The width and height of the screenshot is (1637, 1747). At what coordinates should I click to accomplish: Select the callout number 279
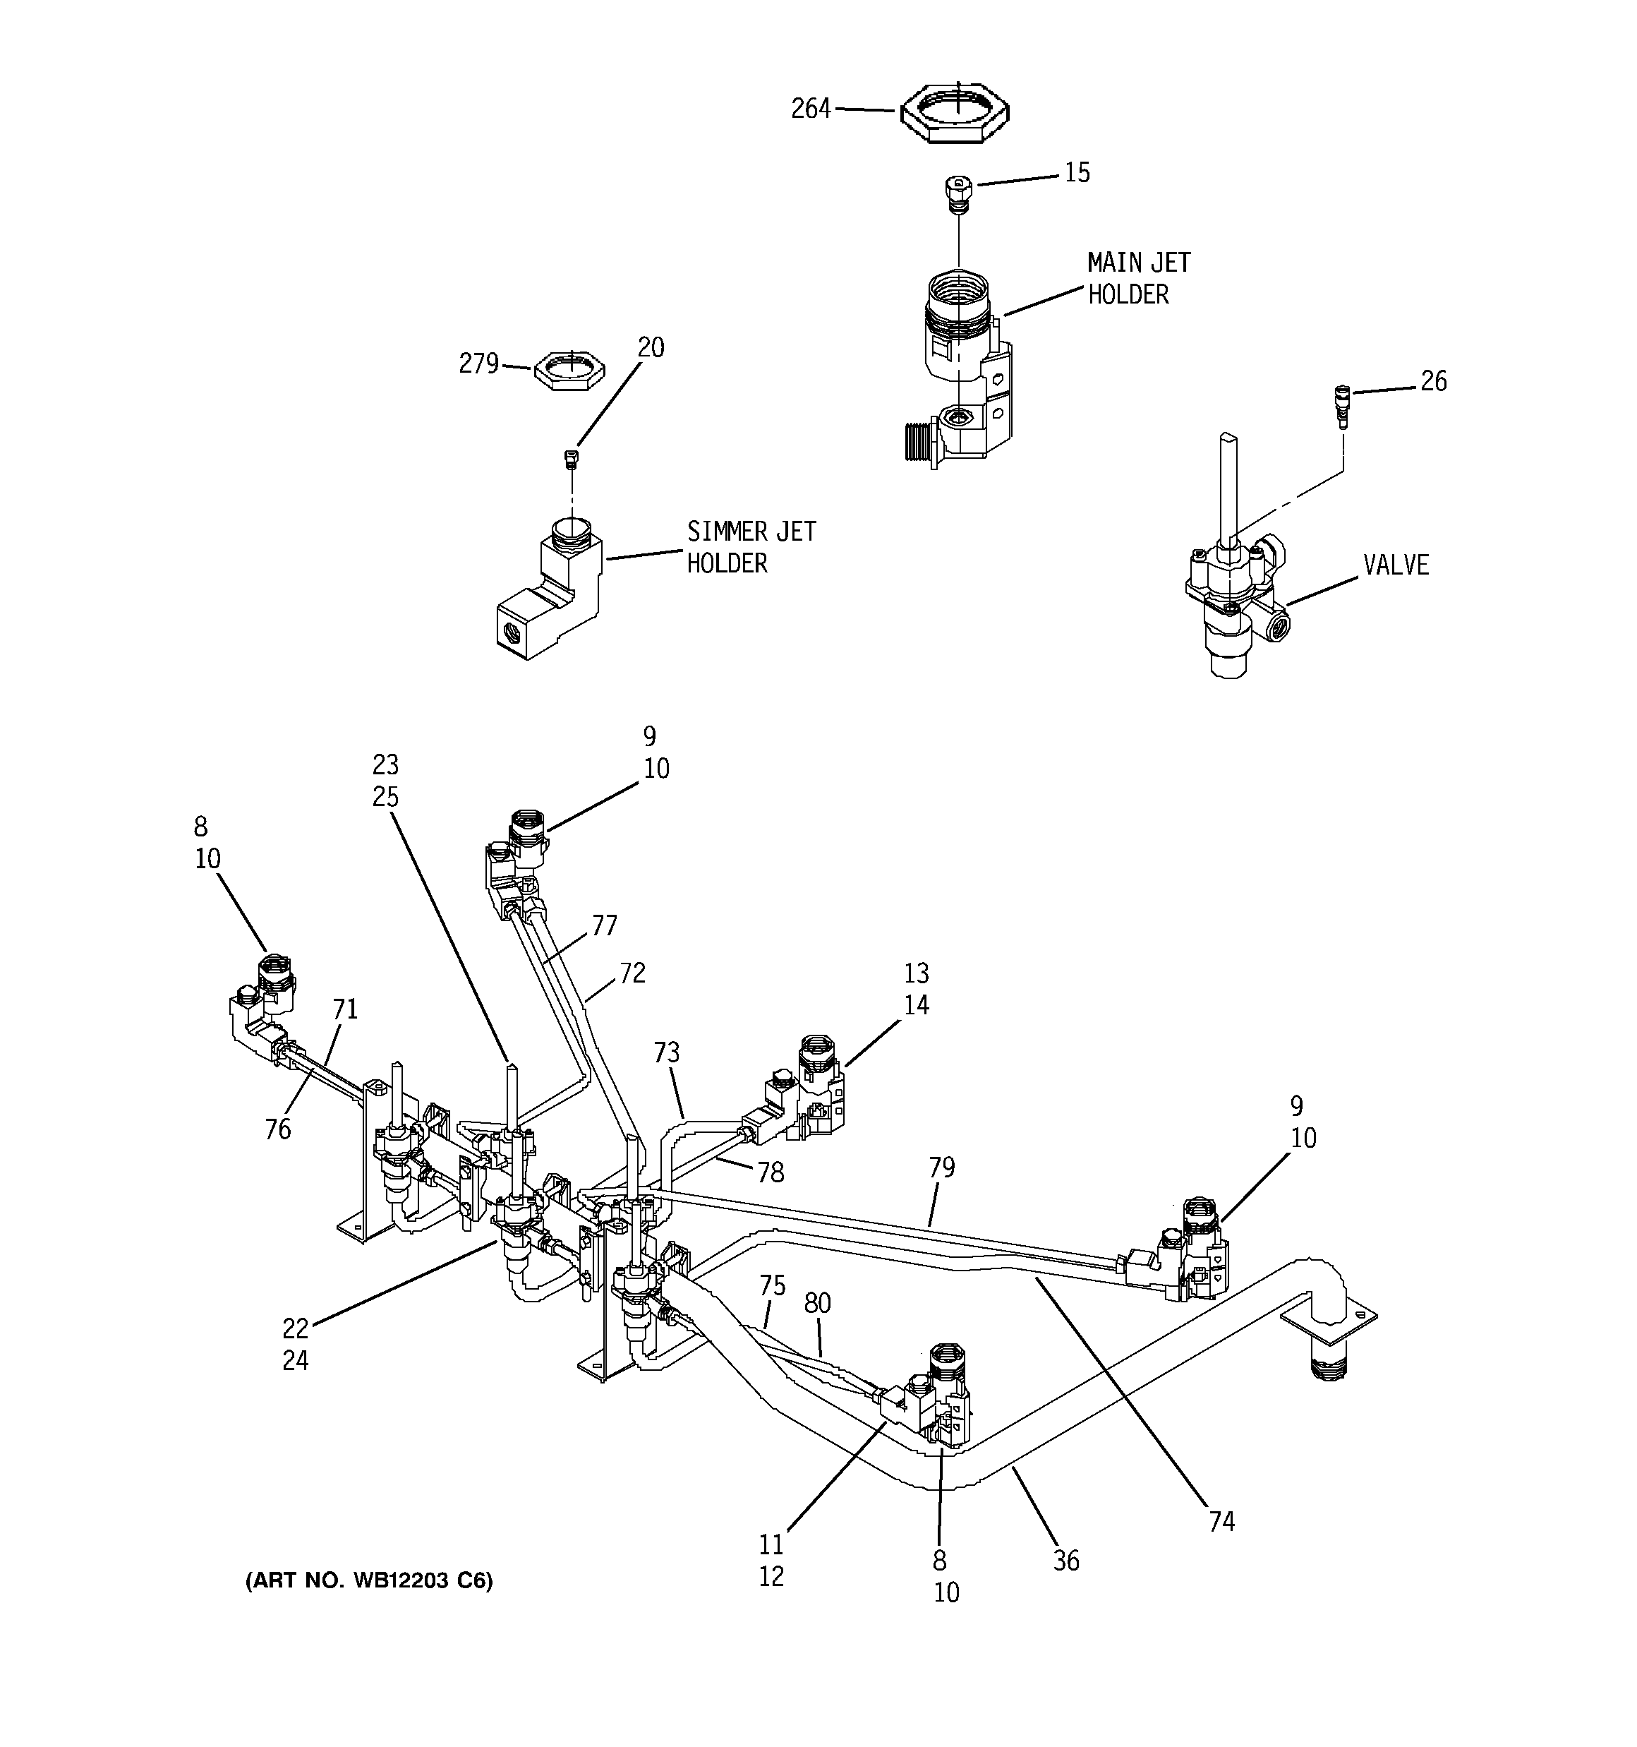[x=479, y=363]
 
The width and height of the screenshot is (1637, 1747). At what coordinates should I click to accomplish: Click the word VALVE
[x=1396, y=565]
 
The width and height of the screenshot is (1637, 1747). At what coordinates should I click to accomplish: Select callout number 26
[x=1433, y=380]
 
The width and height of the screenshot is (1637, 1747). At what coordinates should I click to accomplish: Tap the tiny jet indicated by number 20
[x=571, y=460]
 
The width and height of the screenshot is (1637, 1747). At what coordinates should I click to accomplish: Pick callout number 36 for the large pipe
[x=1066, y=1561]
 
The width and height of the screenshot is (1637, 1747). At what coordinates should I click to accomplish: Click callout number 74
[x=1222, y=1521]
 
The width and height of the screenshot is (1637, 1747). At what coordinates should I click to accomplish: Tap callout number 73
[x=666, y=1052]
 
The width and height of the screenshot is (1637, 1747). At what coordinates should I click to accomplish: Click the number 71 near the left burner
[x=345, y=1009]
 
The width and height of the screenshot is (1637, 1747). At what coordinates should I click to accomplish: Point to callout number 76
[x=278, y=1129]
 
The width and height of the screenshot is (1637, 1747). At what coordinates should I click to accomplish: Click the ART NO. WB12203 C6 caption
[x=369, y=1581]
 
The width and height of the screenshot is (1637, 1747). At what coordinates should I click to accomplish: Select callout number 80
[x=817, y=1303]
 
